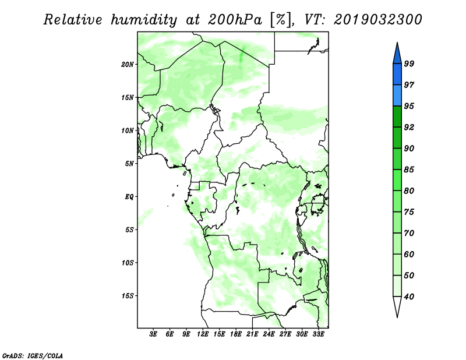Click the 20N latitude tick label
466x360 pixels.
pyautogui.click(x=128, y=65)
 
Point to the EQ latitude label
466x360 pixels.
pyautogui.click(x=129, y=197)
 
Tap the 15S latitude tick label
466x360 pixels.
pyautogui.click(x=128, y=296)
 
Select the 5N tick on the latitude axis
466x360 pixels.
pyautogui.click(x=129, y=164)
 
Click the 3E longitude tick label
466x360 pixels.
pyautogui.click(x=153, y=334)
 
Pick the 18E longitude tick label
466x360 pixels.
pyautogui.click(x=236, y=334)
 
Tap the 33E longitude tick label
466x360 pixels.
pyautogui.click(x=318, y=334)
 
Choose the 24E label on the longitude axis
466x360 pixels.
pyautogui.click(x=269, y=334)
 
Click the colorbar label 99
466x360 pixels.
pyautogui.click(x=409, y=63)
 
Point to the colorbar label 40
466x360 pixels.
pyautogui.click(x=409, y=297)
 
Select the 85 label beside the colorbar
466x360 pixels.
pyautogui.click(x=409, y=170)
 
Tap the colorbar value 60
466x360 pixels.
pyautogui.click(x=409, y=254)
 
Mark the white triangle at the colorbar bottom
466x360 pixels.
pyautogui.click(x=397, y=305)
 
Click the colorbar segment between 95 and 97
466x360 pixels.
pyautogui.click(x=397, y=96)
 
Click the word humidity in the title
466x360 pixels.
pyautogui.click(x=144, y=20)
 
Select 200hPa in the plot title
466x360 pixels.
pyautogui.click(x=235, y=20)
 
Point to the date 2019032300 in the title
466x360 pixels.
pyautogui.click(x=377, y=20)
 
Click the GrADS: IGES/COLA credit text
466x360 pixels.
pyautogui.click(x=33, y=355)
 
